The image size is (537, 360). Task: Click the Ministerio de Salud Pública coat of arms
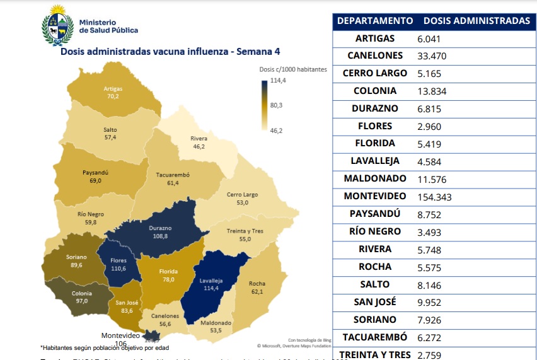57,25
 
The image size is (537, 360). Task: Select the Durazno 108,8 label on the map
160,231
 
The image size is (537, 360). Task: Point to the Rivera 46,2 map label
199,142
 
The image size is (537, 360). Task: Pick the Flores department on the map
118,264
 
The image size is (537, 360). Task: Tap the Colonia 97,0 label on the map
81,296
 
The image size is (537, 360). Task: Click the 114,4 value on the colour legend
278,81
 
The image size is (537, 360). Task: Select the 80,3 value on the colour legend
276,105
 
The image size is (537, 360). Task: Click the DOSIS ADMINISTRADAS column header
476,21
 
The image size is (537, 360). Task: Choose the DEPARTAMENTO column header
375,21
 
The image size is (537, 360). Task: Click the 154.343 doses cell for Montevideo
435,197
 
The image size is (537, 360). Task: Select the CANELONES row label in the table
375,55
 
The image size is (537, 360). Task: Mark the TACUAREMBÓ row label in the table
375,337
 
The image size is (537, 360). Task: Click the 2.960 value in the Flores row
429,126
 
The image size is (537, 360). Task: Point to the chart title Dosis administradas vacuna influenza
170,52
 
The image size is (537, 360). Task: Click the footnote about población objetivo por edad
105,347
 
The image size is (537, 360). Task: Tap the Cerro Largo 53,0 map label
242,199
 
